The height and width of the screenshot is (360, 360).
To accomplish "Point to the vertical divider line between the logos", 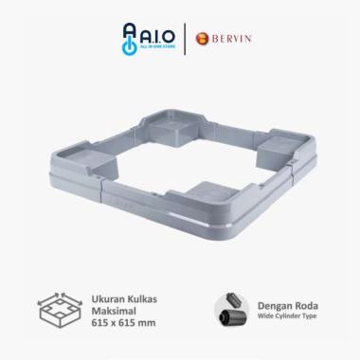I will pyautogui.click(x=181, y=38).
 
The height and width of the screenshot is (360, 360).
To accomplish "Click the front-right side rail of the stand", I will pyautogui.click(x=265, y=199).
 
